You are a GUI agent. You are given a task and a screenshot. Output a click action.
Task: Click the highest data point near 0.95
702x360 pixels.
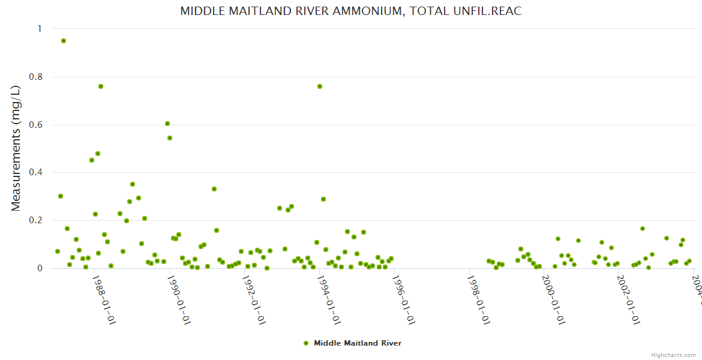point(64,41)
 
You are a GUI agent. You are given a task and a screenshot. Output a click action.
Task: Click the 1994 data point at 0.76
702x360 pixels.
point(320,86)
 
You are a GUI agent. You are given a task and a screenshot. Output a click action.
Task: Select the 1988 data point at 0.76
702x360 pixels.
point(101,86)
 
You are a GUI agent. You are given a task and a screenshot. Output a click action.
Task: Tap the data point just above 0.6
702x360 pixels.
point(167,124)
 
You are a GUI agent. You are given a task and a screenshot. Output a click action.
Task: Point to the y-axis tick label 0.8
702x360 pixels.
point(37,77)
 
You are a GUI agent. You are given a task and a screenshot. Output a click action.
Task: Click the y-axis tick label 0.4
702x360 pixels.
point(37,173)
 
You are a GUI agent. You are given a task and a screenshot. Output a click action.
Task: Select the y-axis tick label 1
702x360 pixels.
point(40,29)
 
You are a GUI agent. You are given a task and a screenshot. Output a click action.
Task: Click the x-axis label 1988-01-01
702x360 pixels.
point(103,300)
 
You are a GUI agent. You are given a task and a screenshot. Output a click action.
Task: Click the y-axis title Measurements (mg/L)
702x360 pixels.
point(16,148)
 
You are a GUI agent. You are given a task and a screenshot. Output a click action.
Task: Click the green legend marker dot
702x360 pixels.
point(306,343)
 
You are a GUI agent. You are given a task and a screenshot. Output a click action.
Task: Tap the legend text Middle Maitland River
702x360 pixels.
point(358,343)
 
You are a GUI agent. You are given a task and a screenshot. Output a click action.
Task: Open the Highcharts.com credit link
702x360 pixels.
point(673,355)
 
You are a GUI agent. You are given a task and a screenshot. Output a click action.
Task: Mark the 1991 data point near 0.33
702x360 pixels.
point(214,189)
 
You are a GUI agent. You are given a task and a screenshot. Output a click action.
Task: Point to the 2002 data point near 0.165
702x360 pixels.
point(642,229)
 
